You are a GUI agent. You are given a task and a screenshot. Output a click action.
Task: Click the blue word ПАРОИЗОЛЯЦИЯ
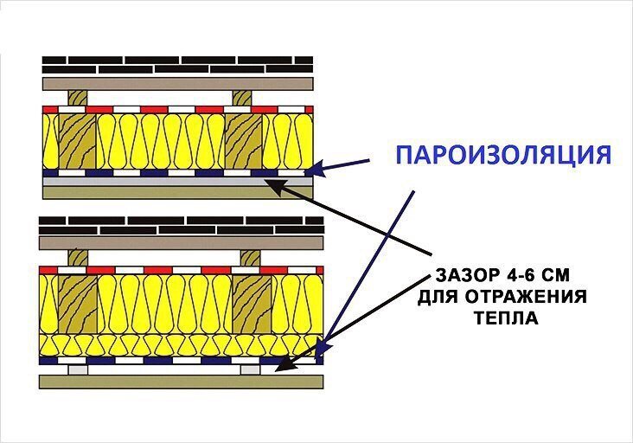coord(503,156)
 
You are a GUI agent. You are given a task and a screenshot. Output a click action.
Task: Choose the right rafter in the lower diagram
coord(252,303)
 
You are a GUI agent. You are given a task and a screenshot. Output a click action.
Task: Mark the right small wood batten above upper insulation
coord(242,97)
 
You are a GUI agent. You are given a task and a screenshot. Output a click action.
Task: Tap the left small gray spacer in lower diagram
coord(78,369)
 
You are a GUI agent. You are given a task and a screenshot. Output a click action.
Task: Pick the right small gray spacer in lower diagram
coord(251,369)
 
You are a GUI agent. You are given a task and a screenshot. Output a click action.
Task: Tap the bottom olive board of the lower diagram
coord(181,381)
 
